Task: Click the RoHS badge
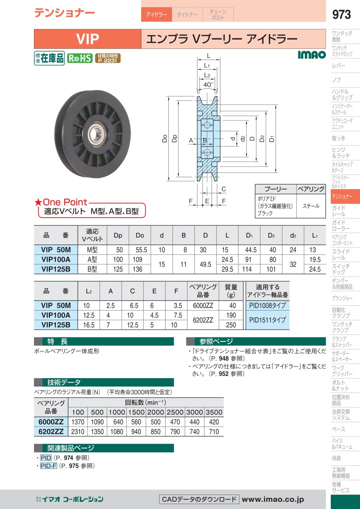click(80, 58)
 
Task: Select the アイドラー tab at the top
click(156, 15)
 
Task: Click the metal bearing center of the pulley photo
click(96, 132)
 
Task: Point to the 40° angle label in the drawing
click(208, 85)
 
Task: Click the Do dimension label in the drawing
click(164, 139)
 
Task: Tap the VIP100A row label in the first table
click(56, 259)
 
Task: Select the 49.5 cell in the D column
click(205, 264)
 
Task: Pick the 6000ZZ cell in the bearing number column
click(203, 306)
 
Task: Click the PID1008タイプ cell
click(267, 306)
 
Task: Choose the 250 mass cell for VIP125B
click(231, 325)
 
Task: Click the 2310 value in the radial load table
click(78, 432)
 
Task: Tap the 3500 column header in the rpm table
click(214, 412)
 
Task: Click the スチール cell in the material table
click(311, 206)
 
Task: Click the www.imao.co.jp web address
click(273, 499)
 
